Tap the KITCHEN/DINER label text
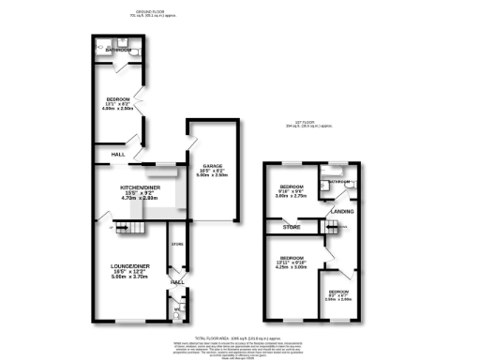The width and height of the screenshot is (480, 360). click(x=136, y=187)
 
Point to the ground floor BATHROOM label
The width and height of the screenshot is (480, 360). click(x=118, y=49)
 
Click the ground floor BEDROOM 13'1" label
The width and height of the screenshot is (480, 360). click(x=118, y=97)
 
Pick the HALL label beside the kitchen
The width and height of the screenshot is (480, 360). click(x=119, y=155)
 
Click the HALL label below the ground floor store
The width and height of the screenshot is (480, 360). click(x=177, y=281)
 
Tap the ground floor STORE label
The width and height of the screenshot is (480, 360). click(x=175, y=246)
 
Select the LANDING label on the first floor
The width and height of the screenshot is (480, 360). click(x=342, y=212)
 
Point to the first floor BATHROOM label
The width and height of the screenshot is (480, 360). click(x=337, y=181)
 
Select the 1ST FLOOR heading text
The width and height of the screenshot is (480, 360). click(x=305, y=126)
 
